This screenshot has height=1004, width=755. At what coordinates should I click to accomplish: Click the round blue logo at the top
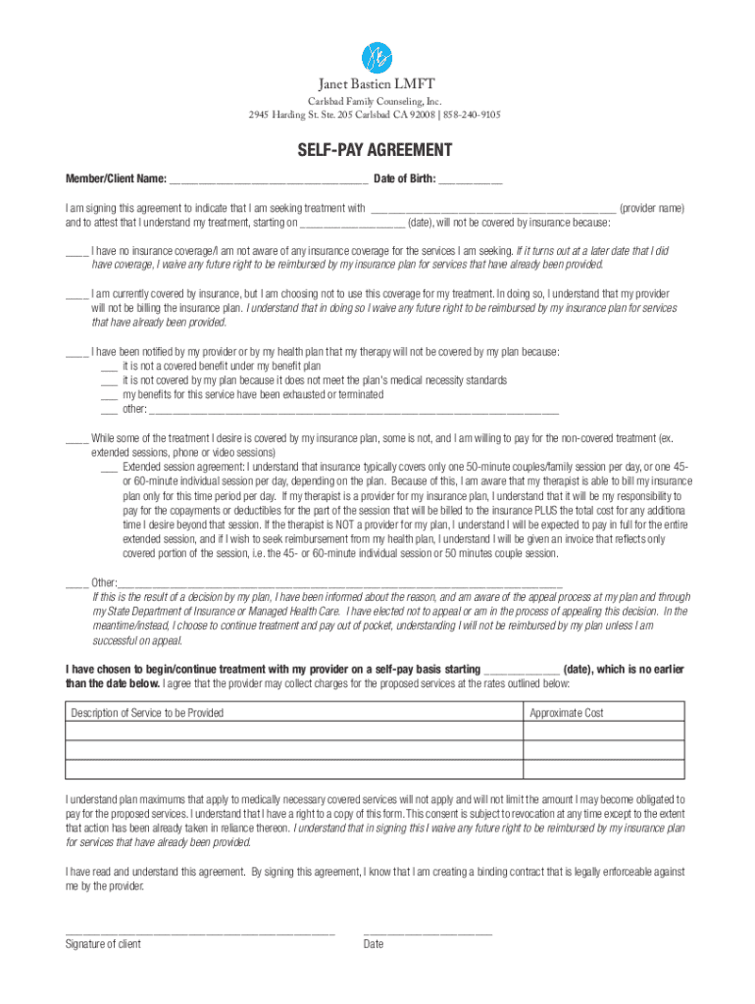pyautogui.click(x=377, y=57)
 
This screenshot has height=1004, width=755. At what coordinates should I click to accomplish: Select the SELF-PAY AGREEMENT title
pyautogui.click(x=376, y=150)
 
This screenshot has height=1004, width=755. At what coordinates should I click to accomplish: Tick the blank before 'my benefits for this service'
pyautogui.click(x=109, y=396)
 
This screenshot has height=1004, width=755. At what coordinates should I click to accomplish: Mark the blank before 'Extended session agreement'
pyautogui.click(x=109, y=469)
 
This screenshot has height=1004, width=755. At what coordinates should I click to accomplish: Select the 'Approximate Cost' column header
pyautogui.click(x=567, y=713)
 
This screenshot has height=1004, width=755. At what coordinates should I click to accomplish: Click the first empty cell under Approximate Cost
pyautogui.click(x=605, y=731)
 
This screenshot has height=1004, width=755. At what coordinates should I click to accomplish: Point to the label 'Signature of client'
pyautogui.click(x=103, y=944)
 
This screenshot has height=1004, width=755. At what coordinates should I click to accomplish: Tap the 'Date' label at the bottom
pyautogui.click(x=373, y=944)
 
